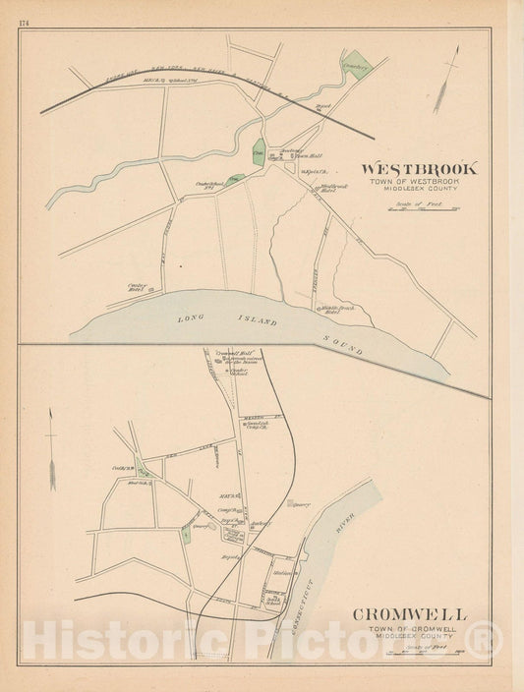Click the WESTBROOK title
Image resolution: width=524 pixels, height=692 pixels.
coord(420,168)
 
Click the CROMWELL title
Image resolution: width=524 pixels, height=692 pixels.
coord(410,614)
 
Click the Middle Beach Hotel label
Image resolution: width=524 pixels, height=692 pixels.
coord(335,310)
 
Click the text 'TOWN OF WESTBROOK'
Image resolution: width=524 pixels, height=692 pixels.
coord(420,184)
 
